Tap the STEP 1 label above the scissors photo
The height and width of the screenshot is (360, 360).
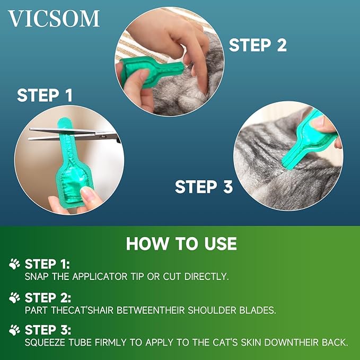tap(45, 95)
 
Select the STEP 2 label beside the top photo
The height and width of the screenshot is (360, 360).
tap(258, 45)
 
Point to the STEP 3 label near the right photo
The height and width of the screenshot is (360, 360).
tap(204, 187)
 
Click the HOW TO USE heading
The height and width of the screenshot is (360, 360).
tap(181, 243)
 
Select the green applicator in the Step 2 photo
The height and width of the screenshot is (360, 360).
tap(143, 72)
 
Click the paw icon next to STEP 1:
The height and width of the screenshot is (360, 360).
tap(15, 264)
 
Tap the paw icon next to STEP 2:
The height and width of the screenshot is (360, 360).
tap(15, 297)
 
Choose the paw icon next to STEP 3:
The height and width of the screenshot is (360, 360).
tap(15, 330)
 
